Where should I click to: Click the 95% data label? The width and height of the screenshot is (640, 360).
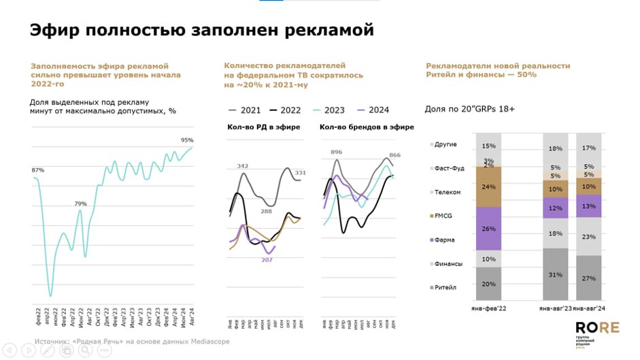click(x=186, y=140)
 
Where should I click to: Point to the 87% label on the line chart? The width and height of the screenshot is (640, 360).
click(x=38, y=169)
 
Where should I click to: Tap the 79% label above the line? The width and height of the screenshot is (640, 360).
click(x=80, y=203)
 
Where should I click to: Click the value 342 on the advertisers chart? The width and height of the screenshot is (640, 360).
click(x=243, y=166)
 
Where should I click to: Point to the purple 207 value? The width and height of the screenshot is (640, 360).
click(x=267, y=260)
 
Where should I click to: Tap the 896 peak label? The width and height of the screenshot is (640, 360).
click(x=336, y=152)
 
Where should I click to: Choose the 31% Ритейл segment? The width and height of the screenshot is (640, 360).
click(x=556, y=274)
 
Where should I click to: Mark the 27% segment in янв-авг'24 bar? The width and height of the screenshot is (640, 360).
click(x=589, y=278)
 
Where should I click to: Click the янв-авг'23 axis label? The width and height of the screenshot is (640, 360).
click(x=556, y=308)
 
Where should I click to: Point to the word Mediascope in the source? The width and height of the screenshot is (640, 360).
click(x=211, y=341)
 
